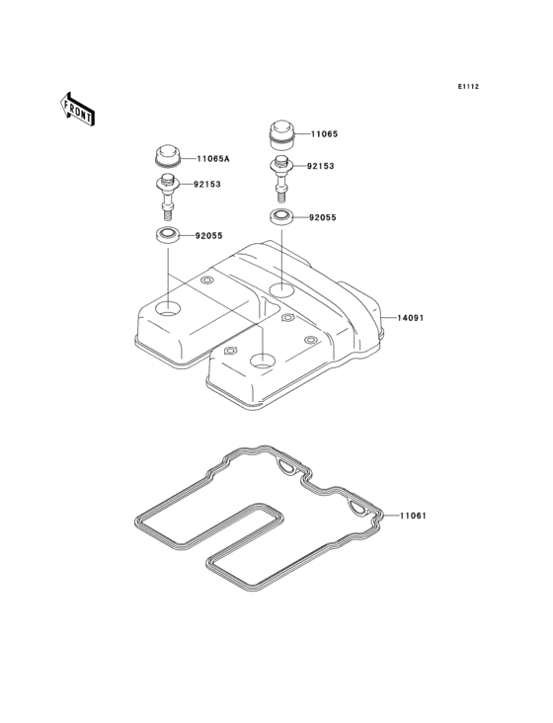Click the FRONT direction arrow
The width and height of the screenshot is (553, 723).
click(77, 109)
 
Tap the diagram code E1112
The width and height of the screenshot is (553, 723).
click(468, 86)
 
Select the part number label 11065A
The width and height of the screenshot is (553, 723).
click(213, 159)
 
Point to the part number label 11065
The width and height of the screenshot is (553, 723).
click(324, 134)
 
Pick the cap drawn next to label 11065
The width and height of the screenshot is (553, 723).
click(282, 135)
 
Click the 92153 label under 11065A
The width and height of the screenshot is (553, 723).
click(207, 184)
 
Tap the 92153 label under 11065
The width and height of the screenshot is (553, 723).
click(321, 166)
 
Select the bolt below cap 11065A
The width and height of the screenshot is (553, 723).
click(168, 198)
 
